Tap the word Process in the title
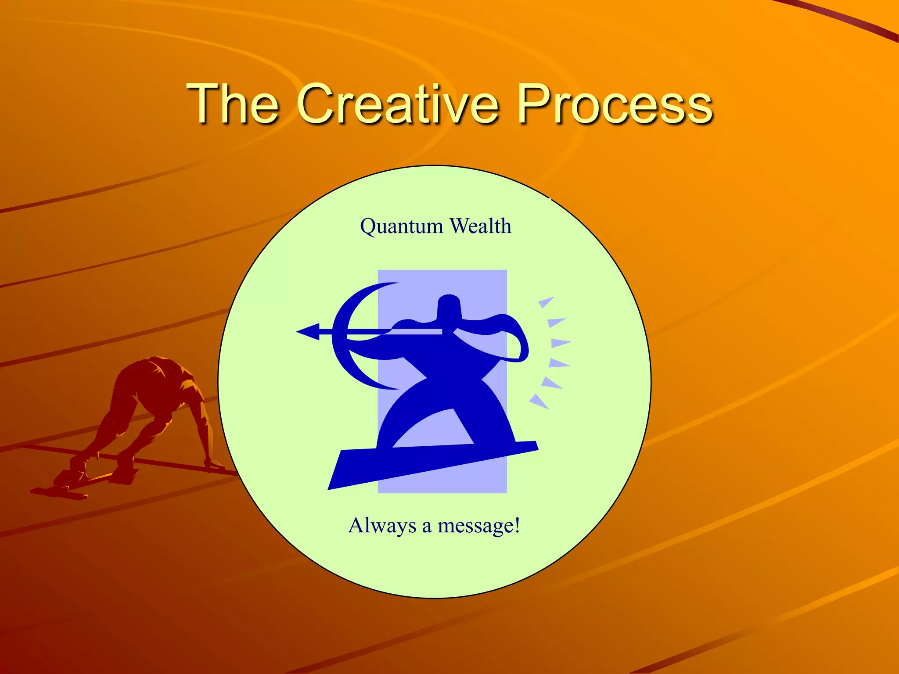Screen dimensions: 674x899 tap(615, 104)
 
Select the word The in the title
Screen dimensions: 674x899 tap(233, 104)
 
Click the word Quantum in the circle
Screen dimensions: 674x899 tap(401, 227)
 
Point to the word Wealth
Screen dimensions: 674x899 tap(481, 226)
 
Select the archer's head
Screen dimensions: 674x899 tap(449, 307)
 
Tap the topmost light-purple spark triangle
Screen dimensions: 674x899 tap(545, 302)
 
